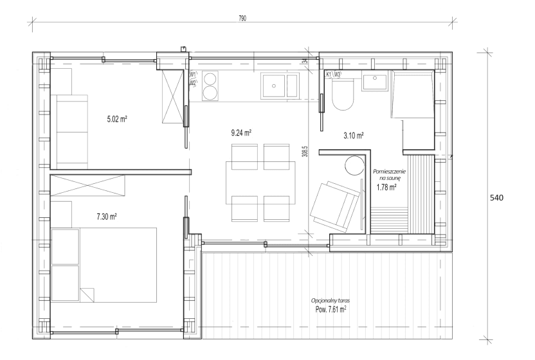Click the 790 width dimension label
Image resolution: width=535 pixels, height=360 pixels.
click(242, 19)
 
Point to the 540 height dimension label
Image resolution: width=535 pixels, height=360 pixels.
click(496, 198)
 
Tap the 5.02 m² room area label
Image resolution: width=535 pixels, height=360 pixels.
click(117, 119)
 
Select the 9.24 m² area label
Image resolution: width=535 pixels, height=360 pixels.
click(241, 132)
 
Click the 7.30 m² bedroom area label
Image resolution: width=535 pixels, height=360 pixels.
click(107, 217)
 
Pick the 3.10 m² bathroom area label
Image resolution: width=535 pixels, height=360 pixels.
click(353, 136)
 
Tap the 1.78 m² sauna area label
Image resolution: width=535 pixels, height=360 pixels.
click(386, 187)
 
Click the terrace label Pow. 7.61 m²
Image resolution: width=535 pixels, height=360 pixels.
click(331, 309)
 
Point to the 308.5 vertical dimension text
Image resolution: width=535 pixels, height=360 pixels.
click(305, 151)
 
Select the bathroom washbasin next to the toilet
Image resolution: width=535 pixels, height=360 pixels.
click(375, 82)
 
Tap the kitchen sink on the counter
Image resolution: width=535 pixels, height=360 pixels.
click(280, 85)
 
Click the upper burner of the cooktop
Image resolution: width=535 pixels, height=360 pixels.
click(210, 77)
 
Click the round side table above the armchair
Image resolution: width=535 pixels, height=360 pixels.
click(354, 165)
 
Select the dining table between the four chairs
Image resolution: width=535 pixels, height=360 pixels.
click(260, 183)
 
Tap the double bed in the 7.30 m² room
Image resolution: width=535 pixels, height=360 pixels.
click(104, 265)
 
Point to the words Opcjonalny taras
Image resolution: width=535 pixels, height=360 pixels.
click(331, 301)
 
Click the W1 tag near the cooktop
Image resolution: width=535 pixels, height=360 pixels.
click(193, 74)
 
